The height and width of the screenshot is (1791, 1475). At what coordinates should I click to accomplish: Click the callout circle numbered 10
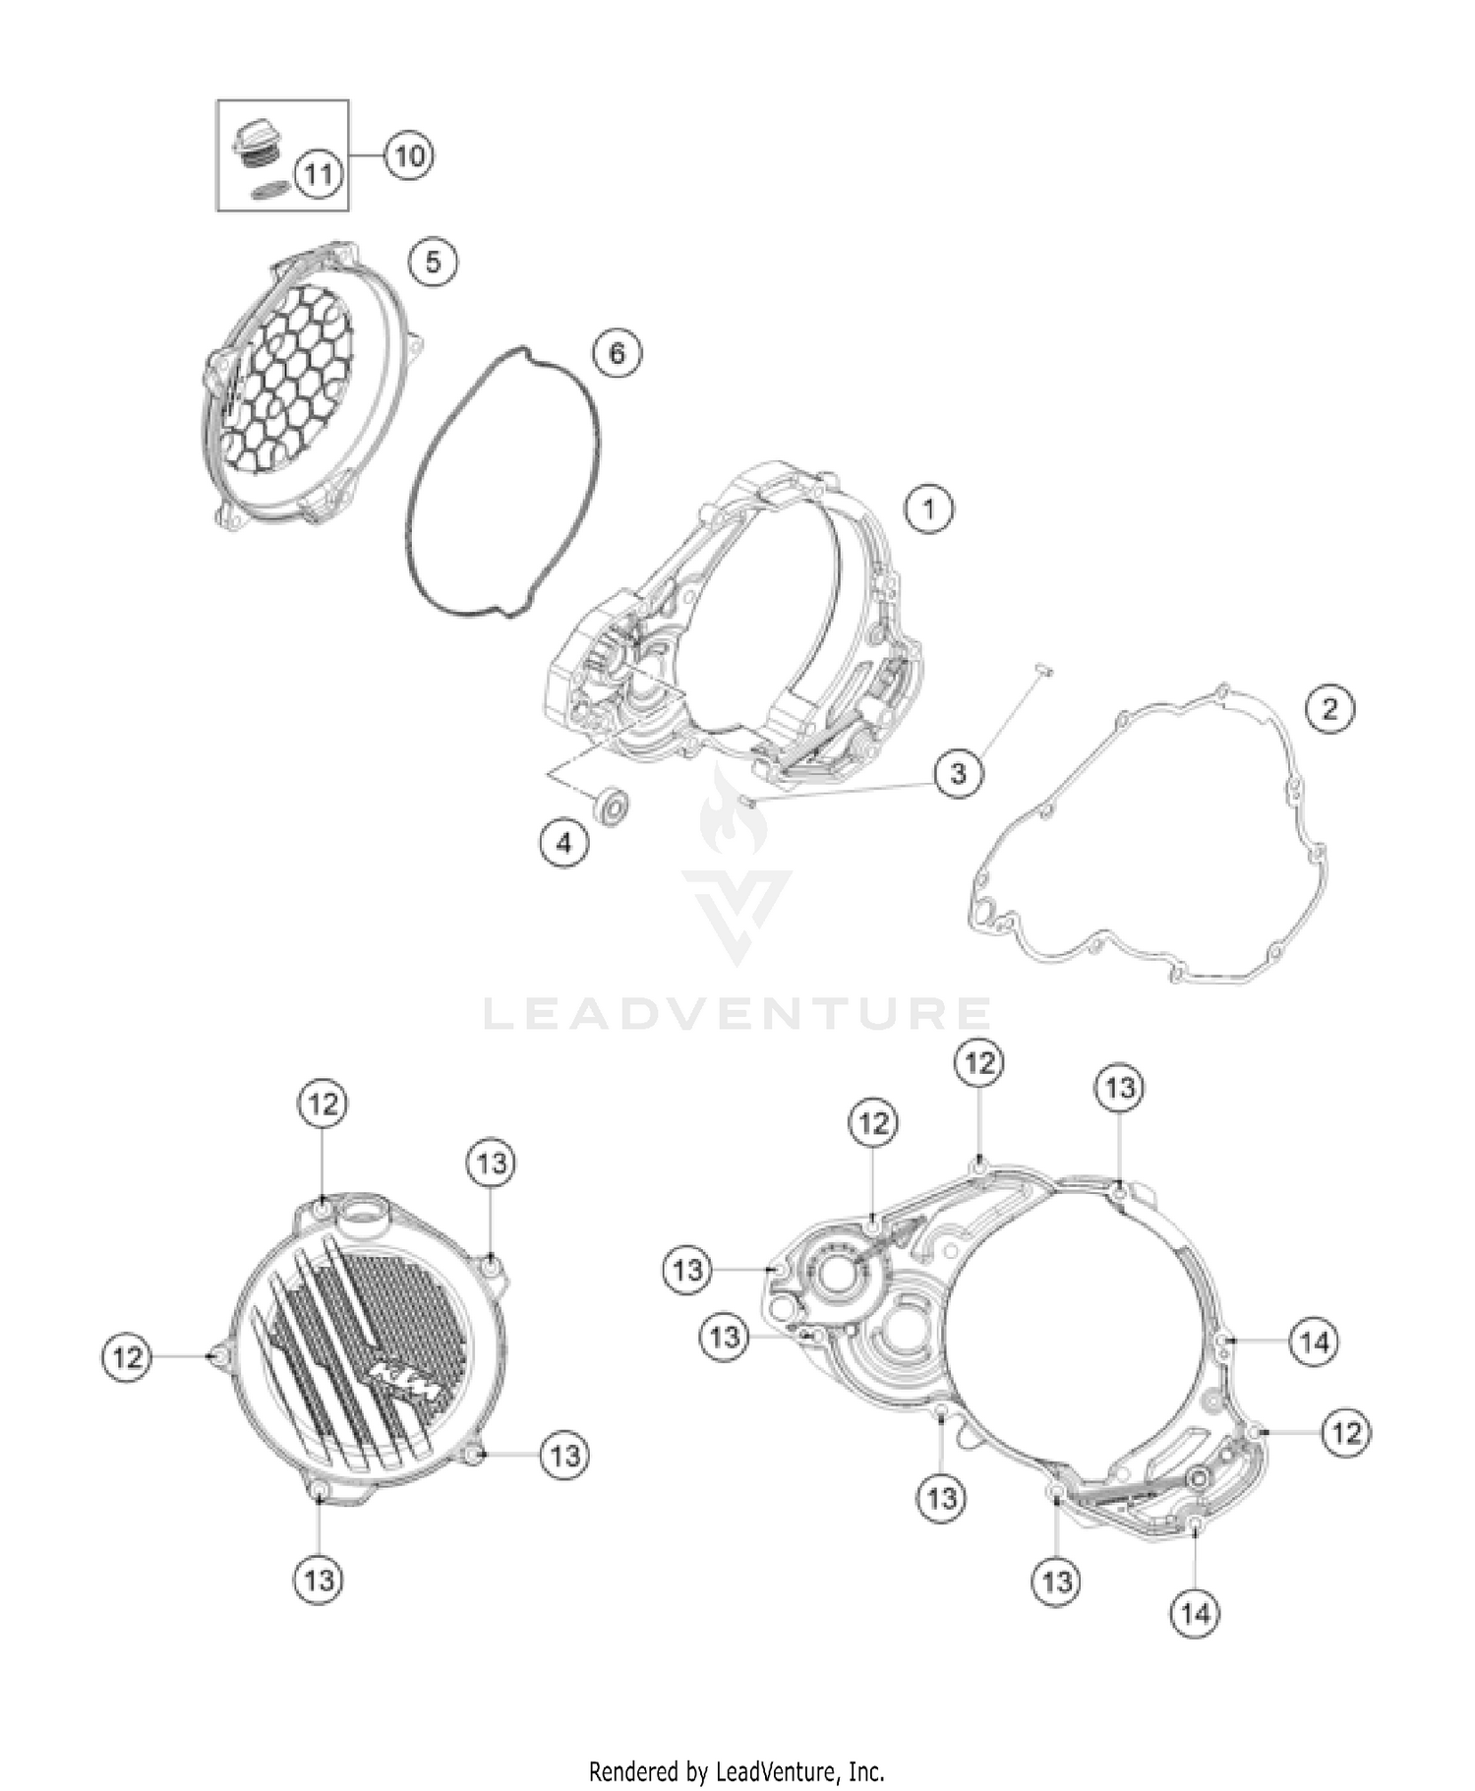pyautogui.click(x=409, y=155)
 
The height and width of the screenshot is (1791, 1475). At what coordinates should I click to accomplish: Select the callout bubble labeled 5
pyautogui.click(x=433, y=262)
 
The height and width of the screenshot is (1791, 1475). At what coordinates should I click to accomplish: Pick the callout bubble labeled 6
pyautogui.click(x=617, y=352)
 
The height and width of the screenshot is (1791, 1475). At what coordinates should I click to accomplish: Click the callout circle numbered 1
pyautogui.click(x=929, y=509)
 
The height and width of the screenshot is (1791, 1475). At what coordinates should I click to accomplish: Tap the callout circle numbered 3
pyautogui.click(x=958, y=772)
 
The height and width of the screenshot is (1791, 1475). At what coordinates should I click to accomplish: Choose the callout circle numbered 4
pyautogui.click(x=564, y=843)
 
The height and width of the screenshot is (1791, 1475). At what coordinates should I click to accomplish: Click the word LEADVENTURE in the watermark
pyautogui.click(x=737, y=1013)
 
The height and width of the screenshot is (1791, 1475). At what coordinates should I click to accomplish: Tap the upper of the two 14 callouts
pyautogui.click(x=1315, y=1341)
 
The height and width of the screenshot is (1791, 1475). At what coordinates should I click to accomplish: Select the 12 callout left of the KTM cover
pyautogui.click(x=127, y=1357)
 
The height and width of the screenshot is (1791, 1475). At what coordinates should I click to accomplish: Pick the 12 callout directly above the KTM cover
pyautogui.click(x=323, y=1104)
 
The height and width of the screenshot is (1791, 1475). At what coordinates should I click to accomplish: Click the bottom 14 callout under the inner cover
pyautogui.click(x=1195, y=1612)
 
